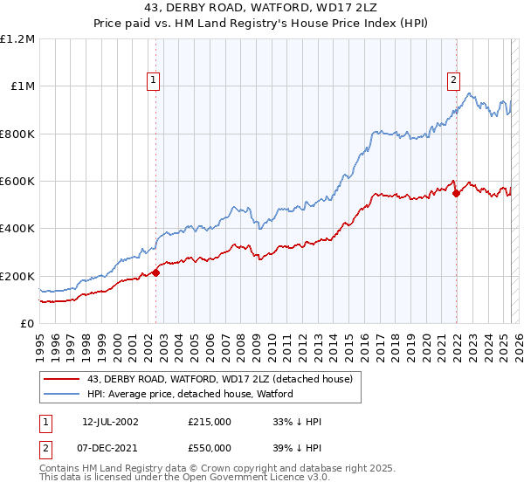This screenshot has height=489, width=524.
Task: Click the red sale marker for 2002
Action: [x=156, y=272]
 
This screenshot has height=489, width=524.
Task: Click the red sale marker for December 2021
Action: [x=456, y=193]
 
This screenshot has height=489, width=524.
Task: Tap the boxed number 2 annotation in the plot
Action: [x=454, y=80]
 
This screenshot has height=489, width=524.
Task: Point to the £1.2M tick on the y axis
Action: [x=17, y=39]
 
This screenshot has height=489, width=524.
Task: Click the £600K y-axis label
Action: [x=17, y=182]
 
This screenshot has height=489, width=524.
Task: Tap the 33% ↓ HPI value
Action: [x=297, y=422]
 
